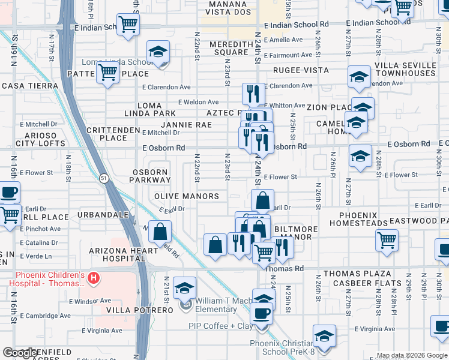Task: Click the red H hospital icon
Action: (93, 278)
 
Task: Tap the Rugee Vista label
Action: (301, 70)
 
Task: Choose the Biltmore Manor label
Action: (292, 233)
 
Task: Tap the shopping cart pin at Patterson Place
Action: (108, 73)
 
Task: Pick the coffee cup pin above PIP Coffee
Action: (261, 314)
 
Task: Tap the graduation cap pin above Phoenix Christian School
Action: (324, 337)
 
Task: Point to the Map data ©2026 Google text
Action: (411, 355)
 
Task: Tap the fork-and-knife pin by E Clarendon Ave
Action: (253, 94)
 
